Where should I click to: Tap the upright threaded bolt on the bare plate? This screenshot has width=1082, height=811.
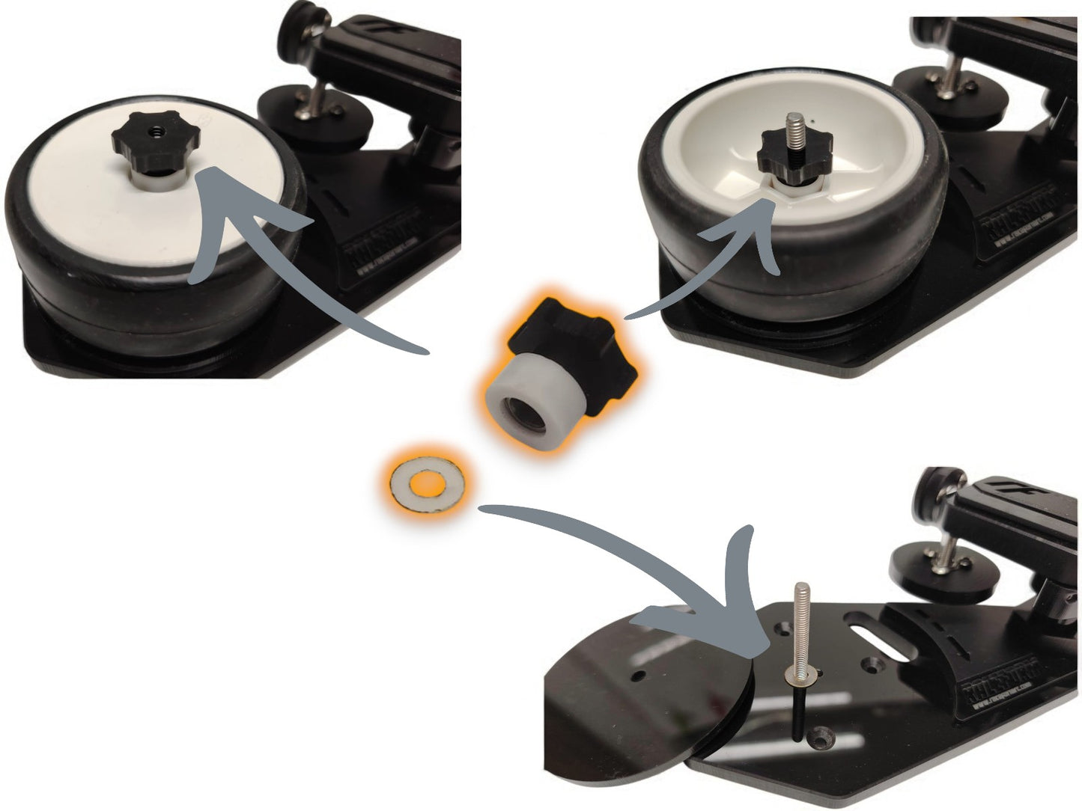tap(798, 628)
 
